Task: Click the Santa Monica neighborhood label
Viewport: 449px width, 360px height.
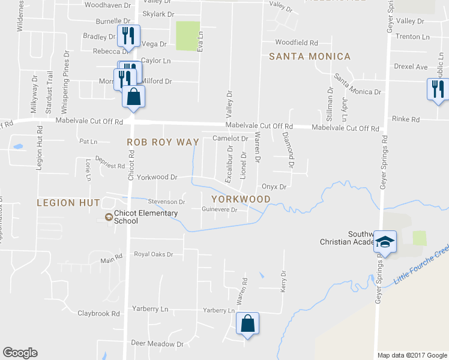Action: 309,56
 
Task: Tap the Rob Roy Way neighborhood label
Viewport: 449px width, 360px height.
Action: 162,142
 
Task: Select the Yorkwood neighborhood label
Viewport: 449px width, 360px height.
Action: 240,199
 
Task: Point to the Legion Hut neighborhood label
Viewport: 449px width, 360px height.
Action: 68,203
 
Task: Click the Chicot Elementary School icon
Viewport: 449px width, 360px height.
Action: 108,217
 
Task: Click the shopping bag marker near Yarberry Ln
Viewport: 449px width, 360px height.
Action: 247,324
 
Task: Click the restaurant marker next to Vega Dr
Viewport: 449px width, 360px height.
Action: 128,36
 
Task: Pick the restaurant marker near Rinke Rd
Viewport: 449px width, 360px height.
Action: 438,89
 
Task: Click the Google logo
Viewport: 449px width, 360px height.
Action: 20,353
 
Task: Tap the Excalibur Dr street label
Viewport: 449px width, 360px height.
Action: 230,163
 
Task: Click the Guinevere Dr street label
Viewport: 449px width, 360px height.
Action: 220,209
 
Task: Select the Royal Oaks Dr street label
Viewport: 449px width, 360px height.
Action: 153,254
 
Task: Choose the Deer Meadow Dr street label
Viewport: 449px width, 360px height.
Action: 157,344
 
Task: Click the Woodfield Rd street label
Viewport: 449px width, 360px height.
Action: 296,43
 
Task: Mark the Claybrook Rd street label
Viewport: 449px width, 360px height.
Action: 98,313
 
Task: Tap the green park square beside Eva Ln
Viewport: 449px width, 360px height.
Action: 187,36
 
